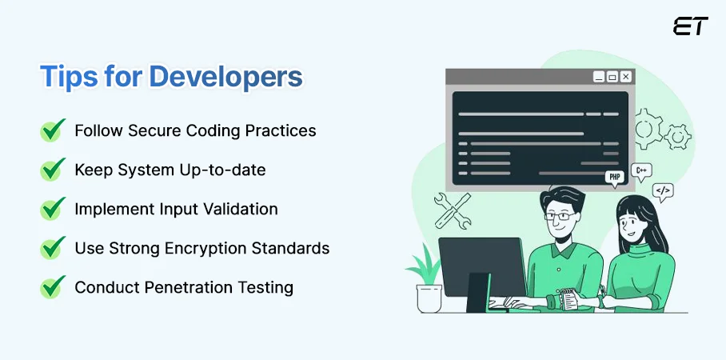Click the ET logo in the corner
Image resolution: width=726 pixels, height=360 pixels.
(690, 26)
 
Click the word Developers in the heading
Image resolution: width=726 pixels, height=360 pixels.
(225, 77)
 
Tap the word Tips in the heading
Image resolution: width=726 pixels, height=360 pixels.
(66, 77)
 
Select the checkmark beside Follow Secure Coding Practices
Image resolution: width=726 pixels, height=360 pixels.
(53, 130)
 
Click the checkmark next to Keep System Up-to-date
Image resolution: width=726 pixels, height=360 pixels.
(53, 170)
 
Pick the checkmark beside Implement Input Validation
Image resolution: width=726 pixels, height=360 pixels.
(53, 209)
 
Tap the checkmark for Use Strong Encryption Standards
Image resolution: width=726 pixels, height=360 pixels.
(53, 248)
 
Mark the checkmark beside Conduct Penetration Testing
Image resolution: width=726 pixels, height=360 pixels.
(53, 287)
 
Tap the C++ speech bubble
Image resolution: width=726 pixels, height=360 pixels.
(640, 170)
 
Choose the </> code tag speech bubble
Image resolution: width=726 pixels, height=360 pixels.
(663, 191)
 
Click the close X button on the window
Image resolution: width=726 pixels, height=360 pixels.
(625, 77)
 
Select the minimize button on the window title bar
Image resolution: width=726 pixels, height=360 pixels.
(598, 77)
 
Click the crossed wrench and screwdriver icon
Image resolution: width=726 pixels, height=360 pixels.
(452, 210)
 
